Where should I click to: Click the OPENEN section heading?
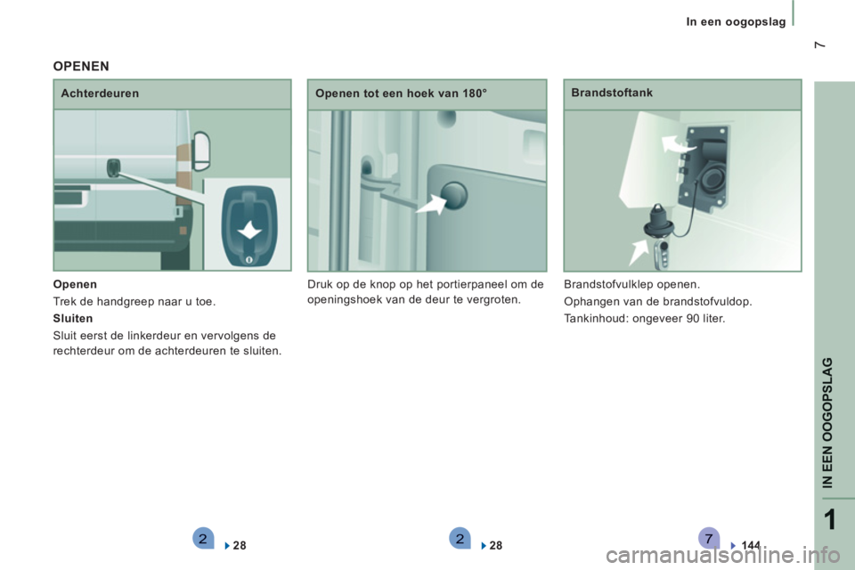81,66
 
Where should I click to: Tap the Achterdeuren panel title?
100,94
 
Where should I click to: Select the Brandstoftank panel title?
612,93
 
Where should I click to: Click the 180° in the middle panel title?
475,94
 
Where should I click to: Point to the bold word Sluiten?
73,318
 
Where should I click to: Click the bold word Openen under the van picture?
75,284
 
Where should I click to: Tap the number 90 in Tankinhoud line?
693,319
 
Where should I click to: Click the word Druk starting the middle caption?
319,284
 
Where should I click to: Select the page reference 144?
751,545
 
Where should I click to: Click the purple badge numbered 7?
708,539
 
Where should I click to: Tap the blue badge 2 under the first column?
203,539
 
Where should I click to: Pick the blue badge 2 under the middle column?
460,539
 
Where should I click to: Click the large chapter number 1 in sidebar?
830,520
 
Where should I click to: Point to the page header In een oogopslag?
736,21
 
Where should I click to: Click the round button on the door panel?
453,195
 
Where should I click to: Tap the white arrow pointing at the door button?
431,205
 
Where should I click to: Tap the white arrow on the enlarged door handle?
249,230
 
